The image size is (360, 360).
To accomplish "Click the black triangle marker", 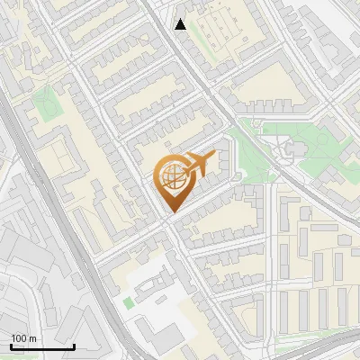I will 181,24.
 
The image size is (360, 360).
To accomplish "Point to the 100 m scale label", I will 23,338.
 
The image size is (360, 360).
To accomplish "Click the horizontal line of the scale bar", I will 42,346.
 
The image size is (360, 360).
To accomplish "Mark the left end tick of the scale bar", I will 12,345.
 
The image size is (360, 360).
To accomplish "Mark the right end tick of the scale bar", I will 74,345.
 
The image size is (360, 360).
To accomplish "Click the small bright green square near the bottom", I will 128,302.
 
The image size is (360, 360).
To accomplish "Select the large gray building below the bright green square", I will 166,337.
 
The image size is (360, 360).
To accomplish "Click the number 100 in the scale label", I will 19,338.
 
